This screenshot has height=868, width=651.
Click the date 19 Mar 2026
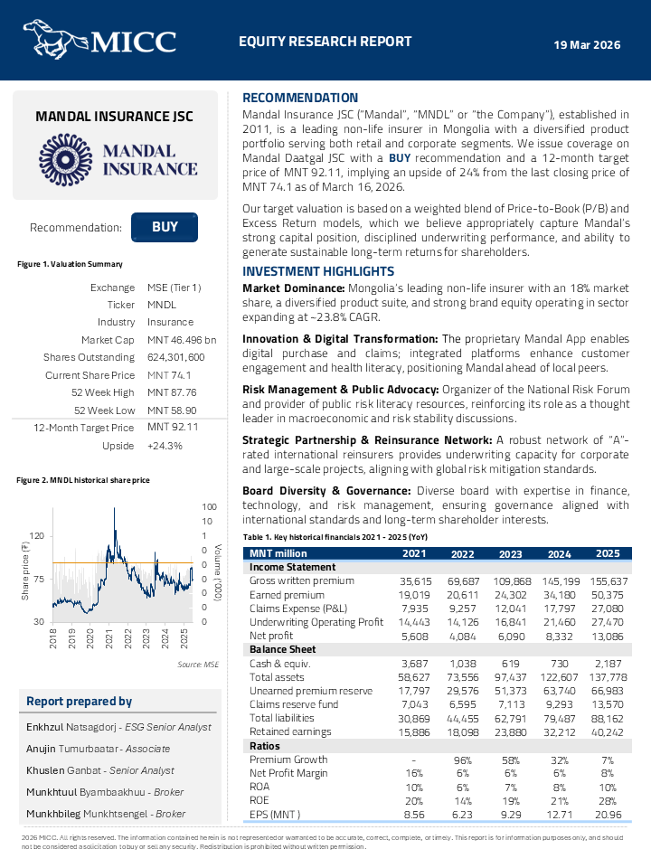click(587, 44)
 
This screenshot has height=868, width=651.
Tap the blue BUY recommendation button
click(165, 228)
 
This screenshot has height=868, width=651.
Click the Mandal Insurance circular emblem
click(66, 160)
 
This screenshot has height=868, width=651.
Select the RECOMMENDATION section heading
click(300, 98)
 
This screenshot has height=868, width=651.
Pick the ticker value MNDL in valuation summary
click(163, 305)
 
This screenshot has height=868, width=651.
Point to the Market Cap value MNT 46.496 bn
click(182, 339)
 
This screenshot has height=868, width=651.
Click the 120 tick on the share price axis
click(36, 536)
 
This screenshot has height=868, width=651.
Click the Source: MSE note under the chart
click(198, 665)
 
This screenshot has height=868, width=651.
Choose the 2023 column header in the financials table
click(509, 553)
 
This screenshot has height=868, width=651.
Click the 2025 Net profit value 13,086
click(608, 636)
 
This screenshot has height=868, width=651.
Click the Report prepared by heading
click(80, 701)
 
